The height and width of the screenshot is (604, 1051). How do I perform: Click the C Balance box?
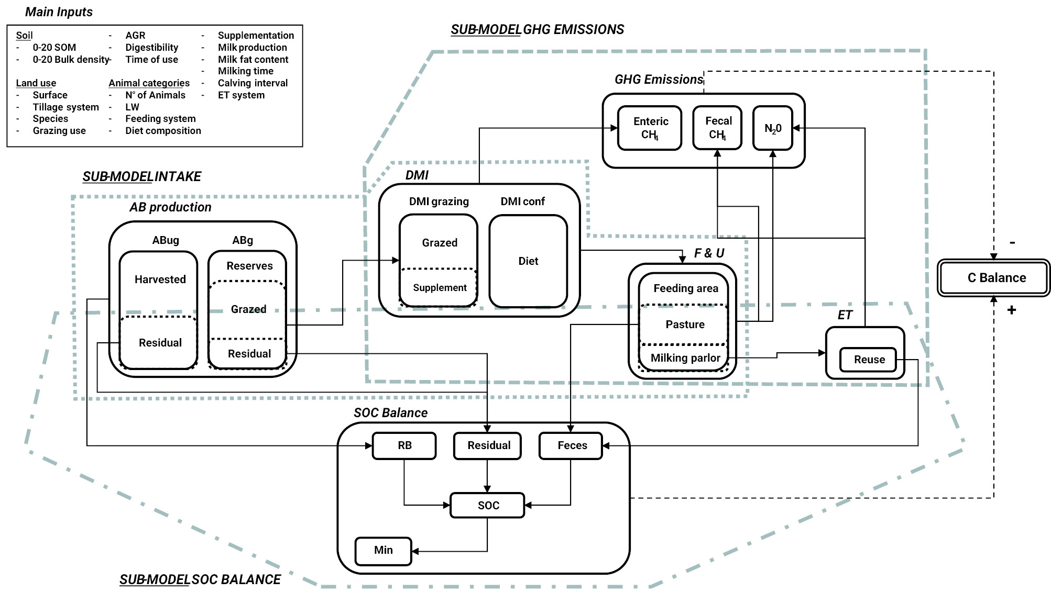coord(993,278)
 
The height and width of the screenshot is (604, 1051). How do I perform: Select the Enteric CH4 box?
coord(650,128)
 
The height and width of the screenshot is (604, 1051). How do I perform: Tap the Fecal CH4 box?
coord(717,128)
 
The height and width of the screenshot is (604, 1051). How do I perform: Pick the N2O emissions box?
coord(773,128)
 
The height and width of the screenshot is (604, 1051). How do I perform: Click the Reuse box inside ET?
coord(869,360)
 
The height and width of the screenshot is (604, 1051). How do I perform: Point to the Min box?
coord(383,551)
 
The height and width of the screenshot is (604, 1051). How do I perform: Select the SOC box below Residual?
coord(487,506)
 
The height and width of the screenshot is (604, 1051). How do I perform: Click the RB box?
coord(404,445)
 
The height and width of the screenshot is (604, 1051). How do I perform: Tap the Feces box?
coord(571,445)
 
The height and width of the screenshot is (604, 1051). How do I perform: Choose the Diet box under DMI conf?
coord(528,261)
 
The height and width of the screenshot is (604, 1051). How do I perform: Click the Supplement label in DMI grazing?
coord(440,288)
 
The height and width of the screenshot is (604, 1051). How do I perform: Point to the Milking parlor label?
coord(685,358)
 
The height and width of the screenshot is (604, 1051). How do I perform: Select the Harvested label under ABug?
coord(160,279)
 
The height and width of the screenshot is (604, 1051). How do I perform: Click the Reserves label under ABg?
coord(249,266)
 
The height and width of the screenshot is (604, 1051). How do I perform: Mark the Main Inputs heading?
coord(59,12)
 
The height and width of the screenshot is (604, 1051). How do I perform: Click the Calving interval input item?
coord(253,83)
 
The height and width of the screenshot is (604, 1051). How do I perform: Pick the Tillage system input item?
coord(65,107)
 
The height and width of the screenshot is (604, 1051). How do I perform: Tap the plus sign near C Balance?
coord(1011,310)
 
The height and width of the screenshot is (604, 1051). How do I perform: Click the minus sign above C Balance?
coord(1012,243)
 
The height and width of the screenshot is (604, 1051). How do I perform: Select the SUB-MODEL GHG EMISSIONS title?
coord(537,30)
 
